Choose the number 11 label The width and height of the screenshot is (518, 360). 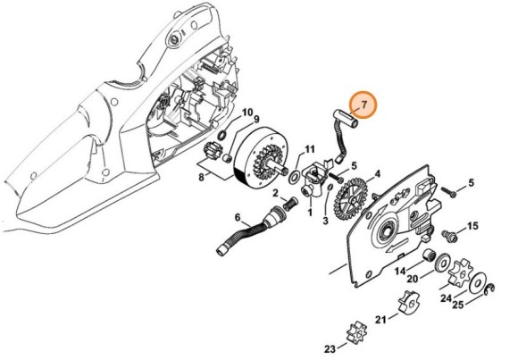[x=309, y=149]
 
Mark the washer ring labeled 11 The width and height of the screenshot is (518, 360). [x=295, y=170]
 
